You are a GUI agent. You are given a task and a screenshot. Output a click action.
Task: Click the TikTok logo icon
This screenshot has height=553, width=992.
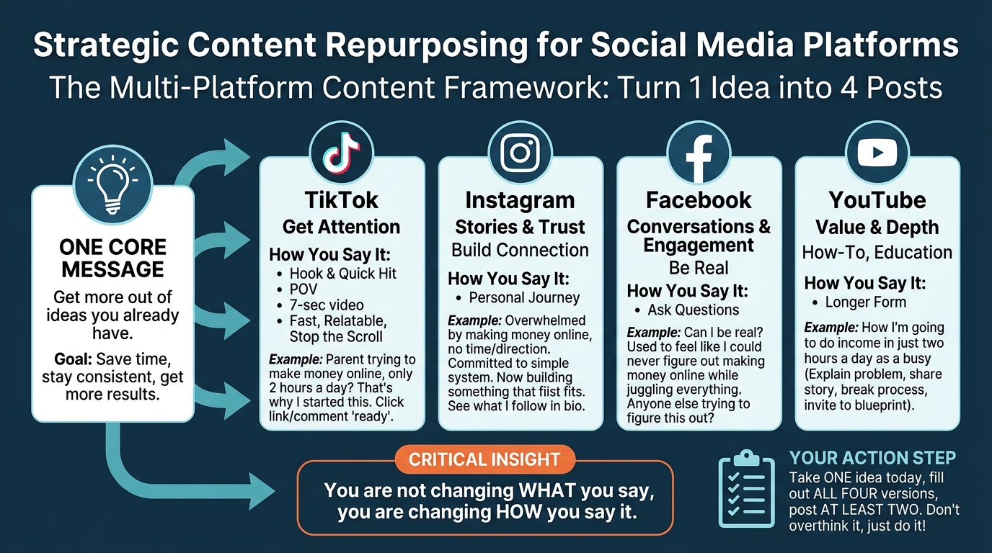pyautogui.click(x=341, y=153)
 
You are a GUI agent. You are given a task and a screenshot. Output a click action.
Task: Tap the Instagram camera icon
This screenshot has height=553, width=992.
pyautogui.click(x=520, y=153)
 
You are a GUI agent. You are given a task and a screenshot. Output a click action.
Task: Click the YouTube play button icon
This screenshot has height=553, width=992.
pyautogui.click(x=877, y=152)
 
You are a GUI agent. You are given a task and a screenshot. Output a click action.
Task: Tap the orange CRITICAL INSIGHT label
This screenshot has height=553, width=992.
pyautogui.click(x=484, y=459)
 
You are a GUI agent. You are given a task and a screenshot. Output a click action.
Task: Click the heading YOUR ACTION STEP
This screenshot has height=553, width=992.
pyautogui.click(x=872, y=458)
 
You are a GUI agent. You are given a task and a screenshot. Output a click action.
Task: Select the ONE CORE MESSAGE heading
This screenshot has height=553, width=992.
pyautogui.click(x=112, y=258)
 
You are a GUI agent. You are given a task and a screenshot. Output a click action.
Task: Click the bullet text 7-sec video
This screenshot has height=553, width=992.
pyautogui.click(x=327, y=305)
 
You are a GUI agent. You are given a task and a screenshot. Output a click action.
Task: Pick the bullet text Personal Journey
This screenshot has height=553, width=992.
pyautogui.click(x=524, y=297)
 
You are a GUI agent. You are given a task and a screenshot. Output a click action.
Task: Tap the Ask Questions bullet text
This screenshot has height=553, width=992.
pyautogui.click(x=693, y=310)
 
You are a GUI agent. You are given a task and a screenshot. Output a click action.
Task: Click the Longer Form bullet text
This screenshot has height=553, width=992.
pyautogui.click(x=865, y=302)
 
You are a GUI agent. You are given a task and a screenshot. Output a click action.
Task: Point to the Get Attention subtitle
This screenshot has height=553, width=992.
pyautogui.click(x=341, y=227)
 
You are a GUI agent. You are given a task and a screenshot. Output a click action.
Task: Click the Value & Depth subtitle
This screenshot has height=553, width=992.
pyautogui.click(x=877, y=228)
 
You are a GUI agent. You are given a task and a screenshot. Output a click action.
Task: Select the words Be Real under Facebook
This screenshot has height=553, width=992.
pyautogui.click(x=699, y=268)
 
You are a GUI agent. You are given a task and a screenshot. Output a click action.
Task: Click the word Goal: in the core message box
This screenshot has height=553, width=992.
pyautogui.click(x=73, y=359)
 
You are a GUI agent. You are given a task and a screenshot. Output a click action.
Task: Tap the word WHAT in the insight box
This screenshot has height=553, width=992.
pyautogui.click(x=547, y=490)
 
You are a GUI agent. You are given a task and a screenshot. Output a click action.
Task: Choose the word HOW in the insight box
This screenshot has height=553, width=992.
pyautogui.click(x=518, y=512)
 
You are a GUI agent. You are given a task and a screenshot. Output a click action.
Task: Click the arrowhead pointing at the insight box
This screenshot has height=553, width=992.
pyautogui.click(x=262, y=491)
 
